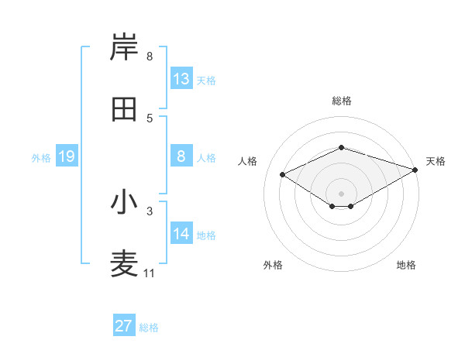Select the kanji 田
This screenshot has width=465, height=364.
(x=124, y=109)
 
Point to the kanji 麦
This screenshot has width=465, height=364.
(x=124, y=264)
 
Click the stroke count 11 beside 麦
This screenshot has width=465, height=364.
(x=149, y=273)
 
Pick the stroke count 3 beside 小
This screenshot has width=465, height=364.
(x=149, y=210)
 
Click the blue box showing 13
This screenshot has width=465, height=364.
(x=181, y=79)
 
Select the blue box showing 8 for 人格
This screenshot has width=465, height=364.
(x=181, y=156)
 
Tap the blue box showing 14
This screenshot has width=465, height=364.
(x=181, y=234)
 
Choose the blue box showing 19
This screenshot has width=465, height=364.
(x=66, y=156)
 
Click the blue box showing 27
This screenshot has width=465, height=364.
(x=124, y=326)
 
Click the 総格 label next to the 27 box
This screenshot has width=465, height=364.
(x=149, y=328)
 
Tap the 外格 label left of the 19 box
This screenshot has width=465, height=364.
(x=41, y=158)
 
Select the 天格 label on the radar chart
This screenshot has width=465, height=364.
(x=436, y=161)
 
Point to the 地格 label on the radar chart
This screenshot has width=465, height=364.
(x=406, y=265)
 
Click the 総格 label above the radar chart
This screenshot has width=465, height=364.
(x=341, y=101)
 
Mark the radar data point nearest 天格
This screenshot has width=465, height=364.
(x=416, y=169)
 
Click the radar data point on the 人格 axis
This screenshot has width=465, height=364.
(x=283, y=174)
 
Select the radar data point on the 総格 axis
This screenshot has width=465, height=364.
(x=341, y=147)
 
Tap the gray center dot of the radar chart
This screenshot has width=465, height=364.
(x=341, y=193)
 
